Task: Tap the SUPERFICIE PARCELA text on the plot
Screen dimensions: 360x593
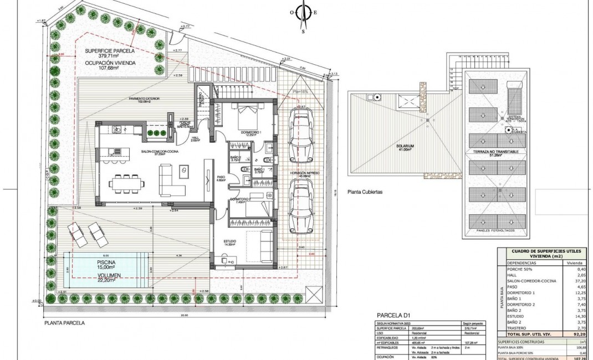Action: pos(110,50)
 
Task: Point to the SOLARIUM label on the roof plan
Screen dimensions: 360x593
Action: pos(406,148)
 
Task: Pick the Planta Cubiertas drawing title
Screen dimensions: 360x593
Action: pos(366,192)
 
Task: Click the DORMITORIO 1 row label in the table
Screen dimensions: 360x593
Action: pos(522,292)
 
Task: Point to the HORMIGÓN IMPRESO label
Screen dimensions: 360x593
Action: pos(301,173)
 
